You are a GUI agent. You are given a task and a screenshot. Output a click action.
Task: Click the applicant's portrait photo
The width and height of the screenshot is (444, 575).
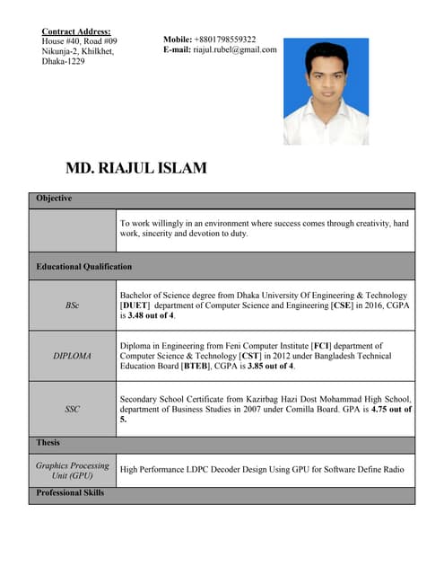click(x=326, y=91)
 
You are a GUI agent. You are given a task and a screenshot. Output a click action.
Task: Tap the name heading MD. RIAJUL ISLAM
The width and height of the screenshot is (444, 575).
click(x=136, y=168)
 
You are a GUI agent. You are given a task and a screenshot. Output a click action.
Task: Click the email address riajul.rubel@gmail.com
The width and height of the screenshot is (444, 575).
click(x=235, y=50)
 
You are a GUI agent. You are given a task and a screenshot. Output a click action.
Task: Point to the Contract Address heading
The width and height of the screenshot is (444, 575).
click(x=76, y=31)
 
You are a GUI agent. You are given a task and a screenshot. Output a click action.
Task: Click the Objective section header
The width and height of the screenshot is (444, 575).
click(x=54, y=199)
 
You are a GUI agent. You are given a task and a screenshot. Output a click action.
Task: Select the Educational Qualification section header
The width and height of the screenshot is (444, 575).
click(x=83, y=267)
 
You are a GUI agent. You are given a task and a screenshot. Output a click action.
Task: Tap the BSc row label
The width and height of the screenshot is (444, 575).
click(x=72, y=305)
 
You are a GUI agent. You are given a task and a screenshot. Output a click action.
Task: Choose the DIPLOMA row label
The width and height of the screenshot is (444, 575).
click(x=72, y=356)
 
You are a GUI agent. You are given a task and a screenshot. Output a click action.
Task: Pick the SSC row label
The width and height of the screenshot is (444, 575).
click(x=72, y=409)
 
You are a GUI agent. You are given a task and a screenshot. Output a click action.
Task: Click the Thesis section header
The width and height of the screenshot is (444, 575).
click(x=48, y=443)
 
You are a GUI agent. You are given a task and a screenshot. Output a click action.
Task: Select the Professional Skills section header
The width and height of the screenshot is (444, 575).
click(x=70, y=493)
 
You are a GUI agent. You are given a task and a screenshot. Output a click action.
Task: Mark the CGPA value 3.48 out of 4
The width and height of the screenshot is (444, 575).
click(x=150, y=316)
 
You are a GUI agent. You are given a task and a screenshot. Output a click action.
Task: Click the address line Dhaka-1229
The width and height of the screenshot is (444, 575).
click(x=63, y=62)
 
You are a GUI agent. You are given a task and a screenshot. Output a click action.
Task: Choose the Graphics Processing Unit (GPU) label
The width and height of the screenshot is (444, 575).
click(x=72, y=470)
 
